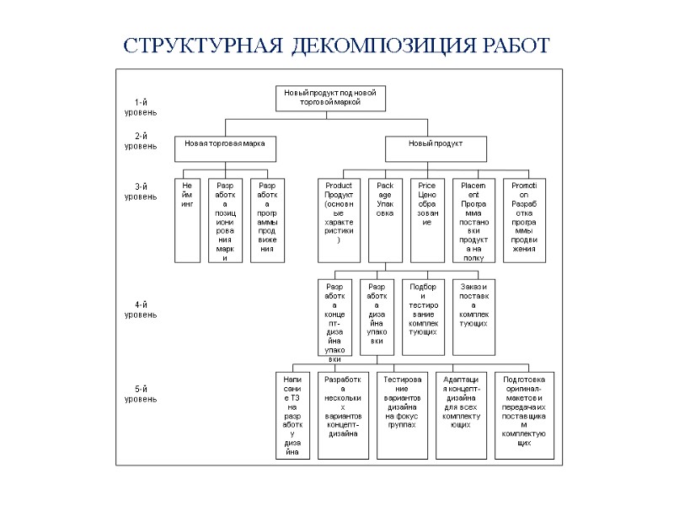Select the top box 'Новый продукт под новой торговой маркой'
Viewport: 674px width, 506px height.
click(329, 98)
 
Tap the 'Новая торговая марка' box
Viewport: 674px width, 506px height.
click(225, 148)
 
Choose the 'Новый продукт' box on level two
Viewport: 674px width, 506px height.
click(436, 148)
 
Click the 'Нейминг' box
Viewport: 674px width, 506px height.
click(187, 219)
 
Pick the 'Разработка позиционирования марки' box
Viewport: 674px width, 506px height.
click(225, 219)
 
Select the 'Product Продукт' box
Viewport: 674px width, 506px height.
click(339, 219)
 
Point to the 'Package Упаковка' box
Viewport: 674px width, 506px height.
click(385, 219)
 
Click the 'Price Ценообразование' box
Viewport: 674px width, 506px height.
click(427, 219)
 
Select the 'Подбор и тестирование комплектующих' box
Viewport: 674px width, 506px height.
click(423, 317)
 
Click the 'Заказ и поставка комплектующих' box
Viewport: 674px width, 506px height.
click(473, 317)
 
